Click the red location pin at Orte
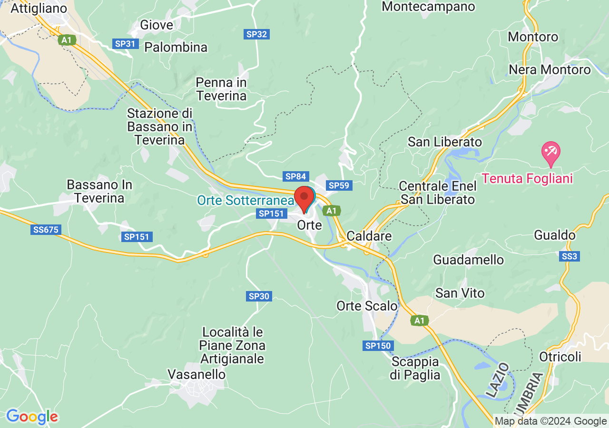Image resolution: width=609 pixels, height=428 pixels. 304,198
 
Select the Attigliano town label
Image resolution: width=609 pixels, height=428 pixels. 39,8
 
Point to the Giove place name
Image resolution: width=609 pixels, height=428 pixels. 157,25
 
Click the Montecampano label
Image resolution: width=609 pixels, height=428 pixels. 428,7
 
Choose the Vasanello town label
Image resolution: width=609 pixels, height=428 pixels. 196,374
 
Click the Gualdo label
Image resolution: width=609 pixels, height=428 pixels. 555,235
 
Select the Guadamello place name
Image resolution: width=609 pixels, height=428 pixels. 468,260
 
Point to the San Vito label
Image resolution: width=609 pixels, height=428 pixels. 460,293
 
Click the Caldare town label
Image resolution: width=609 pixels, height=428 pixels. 369,236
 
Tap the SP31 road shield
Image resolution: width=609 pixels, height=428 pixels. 125,44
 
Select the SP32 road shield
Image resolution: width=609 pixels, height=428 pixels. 257,34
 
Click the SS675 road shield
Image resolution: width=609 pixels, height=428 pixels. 46,230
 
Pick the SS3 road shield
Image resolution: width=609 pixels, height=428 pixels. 569,256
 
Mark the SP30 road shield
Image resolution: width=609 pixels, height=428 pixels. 259,296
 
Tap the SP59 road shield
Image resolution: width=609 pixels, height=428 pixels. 339,185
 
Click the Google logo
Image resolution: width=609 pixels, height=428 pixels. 32,417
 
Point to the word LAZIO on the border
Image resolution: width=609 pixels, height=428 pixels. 497,380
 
